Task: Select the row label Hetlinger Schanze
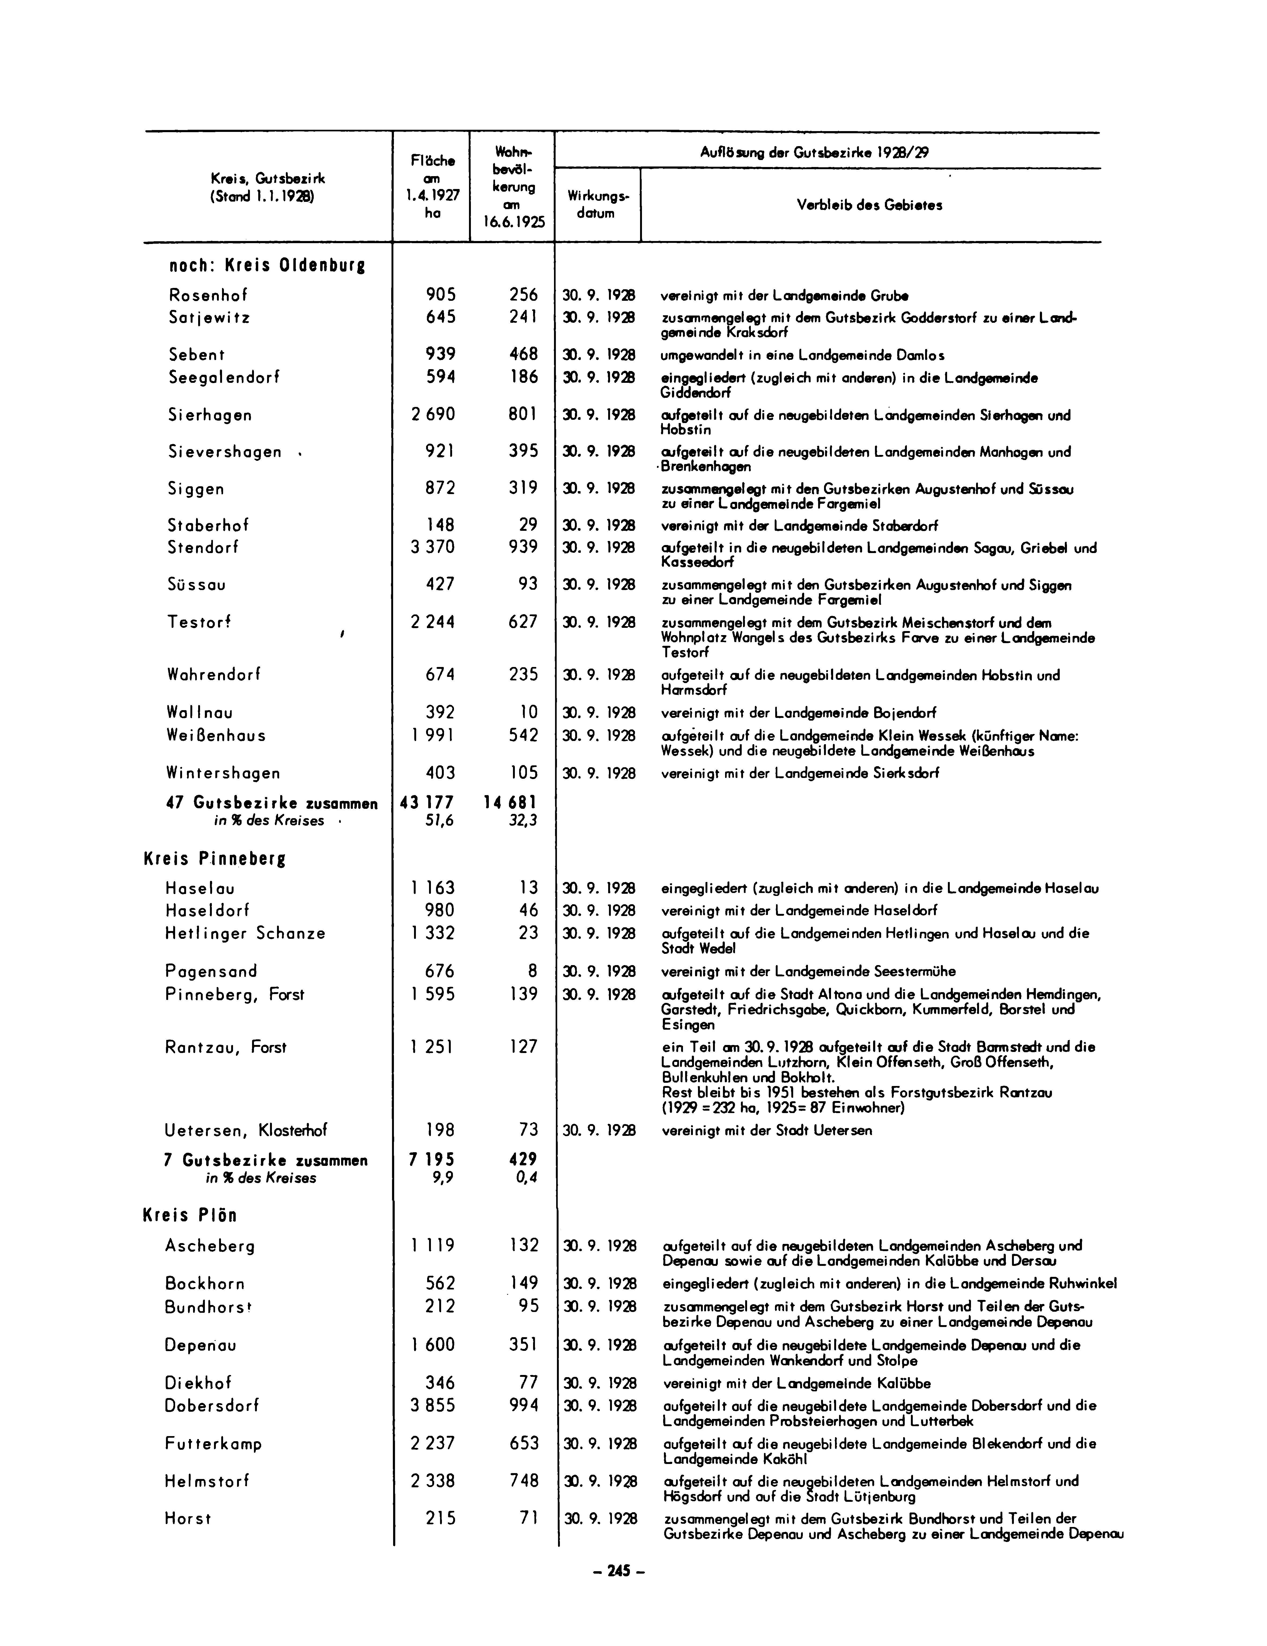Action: [x=245, y=933]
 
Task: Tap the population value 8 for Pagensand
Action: [x=534, y=971]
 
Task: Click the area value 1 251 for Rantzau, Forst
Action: [x=433, y=1047]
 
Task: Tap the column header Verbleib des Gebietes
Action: [x=869, y=205]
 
